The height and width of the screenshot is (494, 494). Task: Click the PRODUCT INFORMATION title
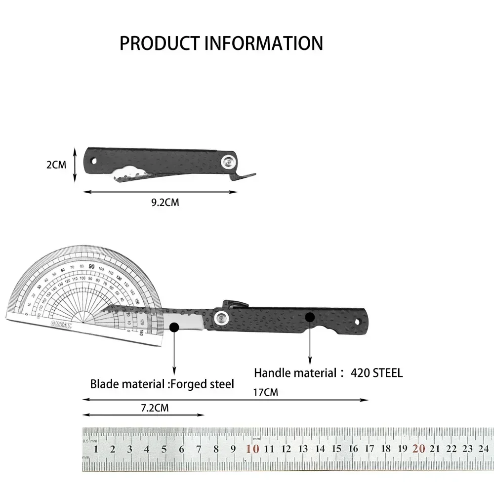221,43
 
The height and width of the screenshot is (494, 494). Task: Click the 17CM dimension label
265,393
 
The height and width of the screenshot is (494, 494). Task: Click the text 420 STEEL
376,373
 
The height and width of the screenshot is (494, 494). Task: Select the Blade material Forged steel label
162,384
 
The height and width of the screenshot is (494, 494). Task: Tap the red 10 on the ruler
252,449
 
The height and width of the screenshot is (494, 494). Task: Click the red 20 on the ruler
419,449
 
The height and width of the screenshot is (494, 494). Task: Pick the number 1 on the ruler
96,449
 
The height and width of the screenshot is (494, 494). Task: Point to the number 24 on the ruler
483,449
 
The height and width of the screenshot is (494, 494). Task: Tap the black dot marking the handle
310,316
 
